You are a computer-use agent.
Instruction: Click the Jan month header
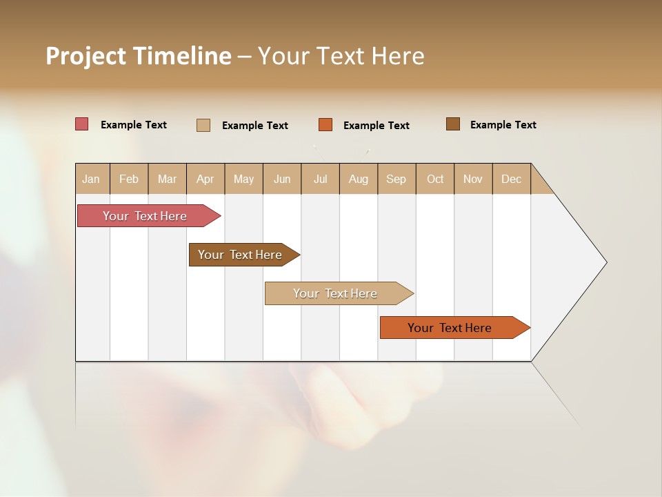coord(92,179)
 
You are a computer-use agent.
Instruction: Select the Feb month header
coord(129,179)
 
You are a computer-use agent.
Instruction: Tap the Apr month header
coord(205,179)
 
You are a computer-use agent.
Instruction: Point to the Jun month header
coord(282,179)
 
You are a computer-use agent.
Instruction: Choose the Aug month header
coord(359,179)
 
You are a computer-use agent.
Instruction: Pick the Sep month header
coord(397,179)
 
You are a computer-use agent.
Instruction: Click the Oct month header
coord(435,179)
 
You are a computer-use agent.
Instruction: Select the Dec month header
coord(512,179)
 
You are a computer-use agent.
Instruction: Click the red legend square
coord(82,124)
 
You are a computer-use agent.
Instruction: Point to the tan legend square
coord(203,125)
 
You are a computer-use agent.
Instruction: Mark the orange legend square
coord(325,125)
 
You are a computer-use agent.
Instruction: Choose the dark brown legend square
coord(453,124)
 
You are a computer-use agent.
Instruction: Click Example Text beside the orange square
coord(377,126)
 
